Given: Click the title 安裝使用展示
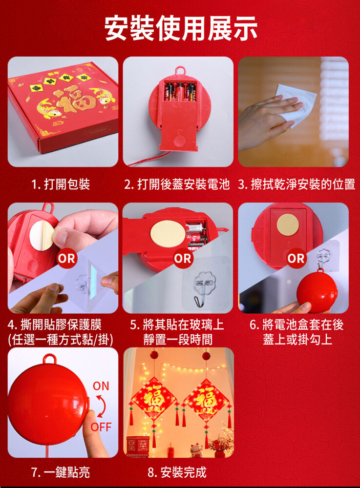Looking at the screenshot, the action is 181,28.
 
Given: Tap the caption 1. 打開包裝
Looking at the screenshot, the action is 61,184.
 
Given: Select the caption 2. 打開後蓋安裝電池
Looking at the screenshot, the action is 177,184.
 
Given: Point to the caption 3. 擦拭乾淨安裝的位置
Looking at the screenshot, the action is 296,184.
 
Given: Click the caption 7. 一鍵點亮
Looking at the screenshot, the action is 61,472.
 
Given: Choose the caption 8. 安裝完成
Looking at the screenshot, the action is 177,472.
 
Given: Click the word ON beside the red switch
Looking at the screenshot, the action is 101,386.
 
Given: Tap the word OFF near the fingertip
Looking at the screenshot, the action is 101,427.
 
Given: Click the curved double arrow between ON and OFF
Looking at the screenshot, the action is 102,407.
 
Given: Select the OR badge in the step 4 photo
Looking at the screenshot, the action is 66,258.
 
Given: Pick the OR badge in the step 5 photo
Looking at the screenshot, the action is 183,258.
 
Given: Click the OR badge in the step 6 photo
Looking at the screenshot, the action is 296,258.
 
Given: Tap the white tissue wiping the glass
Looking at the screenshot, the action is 296,105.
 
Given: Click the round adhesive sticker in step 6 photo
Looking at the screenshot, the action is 288,224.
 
